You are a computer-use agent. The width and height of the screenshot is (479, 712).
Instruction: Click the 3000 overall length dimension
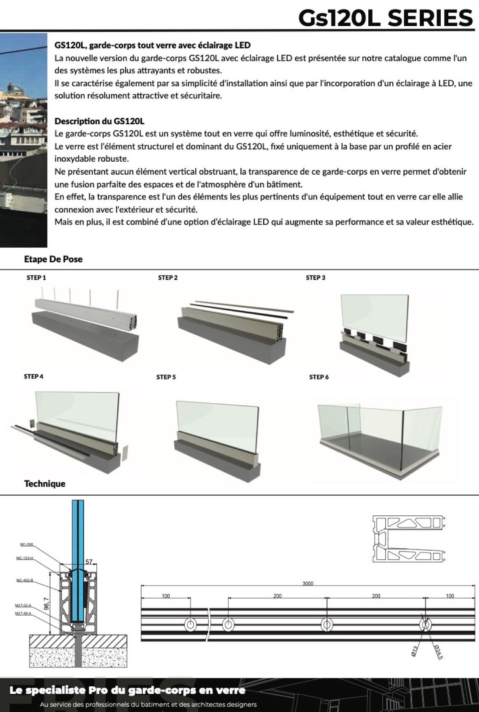[308, 584]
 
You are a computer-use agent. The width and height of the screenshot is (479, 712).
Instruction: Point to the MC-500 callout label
[27, 544]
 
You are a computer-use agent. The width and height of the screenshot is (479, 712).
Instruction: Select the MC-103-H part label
[25, 558]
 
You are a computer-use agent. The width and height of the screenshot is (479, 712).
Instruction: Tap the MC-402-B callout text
[24, 580]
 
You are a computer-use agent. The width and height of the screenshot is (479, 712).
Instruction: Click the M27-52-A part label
[23, 605]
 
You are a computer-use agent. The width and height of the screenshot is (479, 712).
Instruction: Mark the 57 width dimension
[89, 562]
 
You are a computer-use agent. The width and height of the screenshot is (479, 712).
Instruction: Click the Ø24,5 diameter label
[438, 651]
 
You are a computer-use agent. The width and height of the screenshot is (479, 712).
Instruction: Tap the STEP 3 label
[315, 277]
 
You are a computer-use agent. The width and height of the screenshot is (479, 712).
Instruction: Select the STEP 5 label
[166, 377]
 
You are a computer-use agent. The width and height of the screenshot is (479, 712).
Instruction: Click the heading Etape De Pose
[53, 259]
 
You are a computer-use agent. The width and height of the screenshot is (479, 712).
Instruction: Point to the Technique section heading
[45, 484]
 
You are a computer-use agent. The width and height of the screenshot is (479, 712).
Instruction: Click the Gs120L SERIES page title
[386, 18]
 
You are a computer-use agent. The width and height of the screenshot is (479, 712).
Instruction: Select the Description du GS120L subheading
[99, 121]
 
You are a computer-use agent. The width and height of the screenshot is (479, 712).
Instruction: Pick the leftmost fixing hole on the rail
[190, 624]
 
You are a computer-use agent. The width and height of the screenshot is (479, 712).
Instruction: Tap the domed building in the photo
[15, 89]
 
